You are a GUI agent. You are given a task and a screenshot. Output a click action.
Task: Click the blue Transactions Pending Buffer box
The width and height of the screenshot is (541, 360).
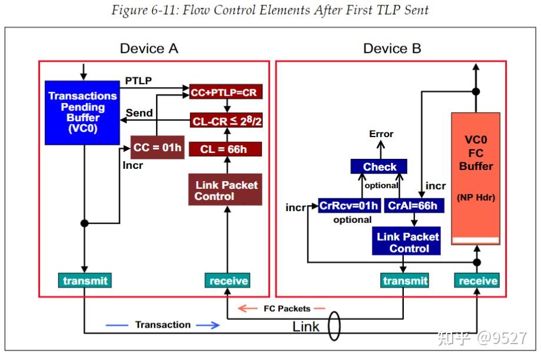tap(82, 112)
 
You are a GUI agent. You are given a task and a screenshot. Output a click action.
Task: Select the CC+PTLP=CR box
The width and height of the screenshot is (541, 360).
tap(226, 92)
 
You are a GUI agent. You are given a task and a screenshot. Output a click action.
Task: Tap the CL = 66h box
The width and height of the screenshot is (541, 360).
tap(225, 149)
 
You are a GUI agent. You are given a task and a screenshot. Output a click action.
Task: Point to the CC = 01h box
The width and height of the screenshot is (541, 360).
tap(157, 147)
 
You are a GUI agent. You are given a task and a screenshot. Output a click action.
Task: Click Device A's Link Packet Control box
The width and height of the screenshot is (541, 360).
tap(225, 189)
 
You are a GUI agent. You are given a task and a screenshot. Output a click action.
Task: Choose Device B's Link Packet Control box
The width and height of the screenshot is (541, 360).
tap(406, 241)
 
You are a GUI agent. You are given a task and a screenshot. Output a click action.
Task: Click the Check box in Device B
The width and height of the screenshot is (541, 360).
tap(379, 166)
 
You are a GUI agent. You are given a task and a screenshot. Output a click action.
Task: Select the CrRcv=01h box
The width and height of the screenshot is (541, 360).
tap(350, 206)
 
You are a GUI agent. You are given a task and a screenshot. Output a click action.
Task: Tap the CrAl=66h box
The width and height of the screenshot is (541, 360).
tap(414, 206)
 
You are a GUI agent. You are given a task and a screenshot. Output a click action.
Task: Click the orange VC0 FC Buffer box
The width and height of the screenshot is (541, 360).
tap(476, 179)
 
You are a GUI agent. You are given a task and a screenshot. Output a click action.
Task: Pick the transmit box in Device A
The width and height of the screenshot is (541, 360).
tap(85, 281)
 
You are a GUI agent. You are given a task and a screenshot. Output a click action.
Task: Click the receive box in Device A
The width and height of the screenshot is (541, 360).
tap(228, 281)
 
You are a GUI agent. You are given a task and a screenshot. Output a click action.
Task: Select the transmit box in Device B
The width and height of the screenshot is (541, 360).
tap(404, 281)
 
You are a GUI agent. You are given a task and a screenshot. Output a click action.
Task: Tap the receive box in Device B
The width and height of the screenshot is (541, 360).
tap(477, 281)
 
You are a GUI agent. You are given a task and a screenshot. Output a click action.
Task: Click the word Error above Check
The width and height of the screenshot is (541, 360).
tap(381, 134)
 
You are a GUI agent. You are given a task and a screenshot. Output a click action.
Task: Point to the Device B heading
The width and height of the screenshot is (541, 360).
tap(392, 48)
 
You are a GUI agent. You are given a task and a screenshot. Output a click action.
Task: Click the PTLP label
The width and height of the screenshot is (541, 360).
tap(138, 81)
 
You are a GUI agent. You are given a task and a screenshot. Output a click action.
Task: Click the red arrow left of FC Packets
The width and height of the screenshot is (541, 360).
tap(248, 308)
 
